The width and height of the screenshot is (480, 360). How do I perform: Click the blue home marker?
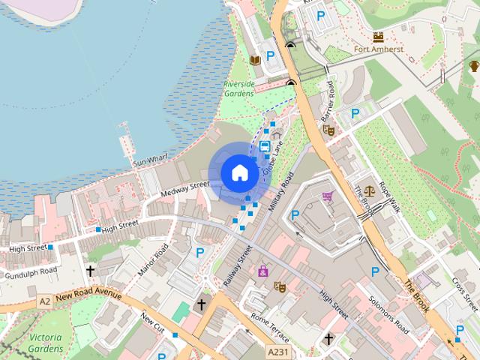239,172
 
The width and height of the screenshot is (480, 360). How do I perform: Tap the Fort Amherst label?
377,49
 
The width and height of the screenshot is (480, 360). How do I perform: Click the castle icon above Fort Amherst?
378,35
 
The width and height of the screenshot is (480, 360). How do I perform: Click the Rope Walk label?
388,196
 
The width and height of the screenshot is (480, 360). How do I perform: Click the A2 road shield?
45,301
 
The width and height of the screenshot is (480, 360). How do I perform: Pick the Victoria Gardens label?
45,343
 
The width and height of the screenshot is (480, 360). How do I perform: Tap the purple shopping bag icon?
262,271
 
